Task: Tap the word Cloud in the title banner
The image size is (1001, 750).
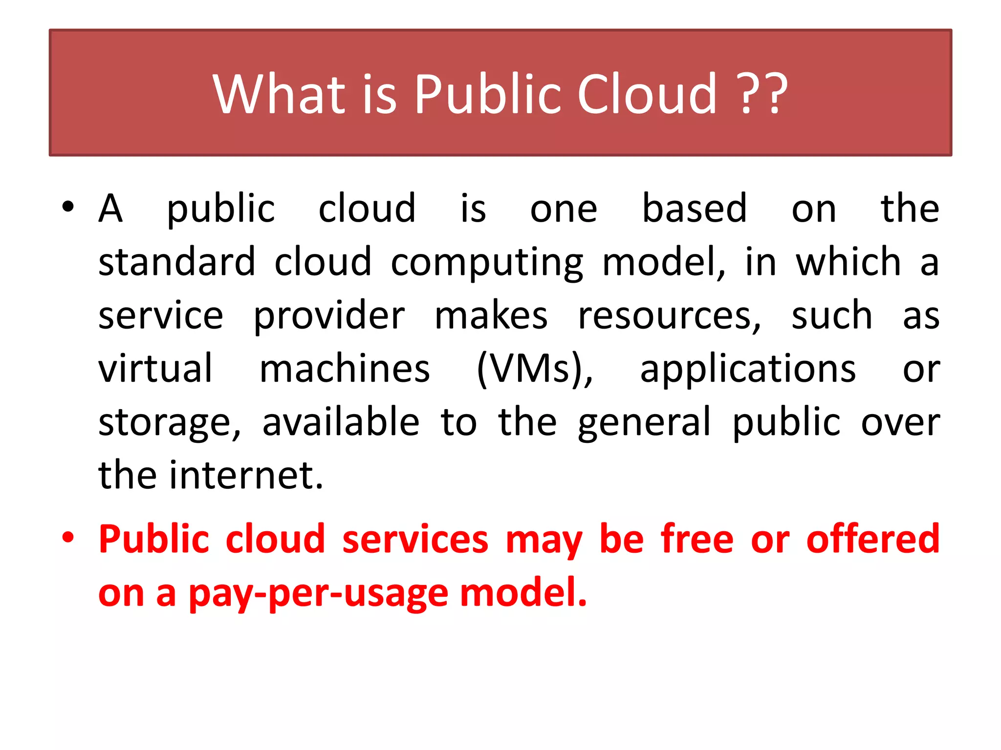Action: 647,94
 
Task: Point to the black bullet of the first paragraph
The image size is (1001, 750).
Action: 68,207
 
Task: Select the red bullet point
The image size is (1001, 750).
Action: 68,538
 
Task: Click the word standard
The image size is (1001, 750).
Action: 177,262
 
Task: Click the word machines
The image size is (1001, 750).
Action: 345,369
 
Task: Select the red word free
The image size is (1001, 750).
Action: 697,539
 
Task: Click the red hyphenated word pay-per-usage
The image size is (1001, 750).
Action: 318,594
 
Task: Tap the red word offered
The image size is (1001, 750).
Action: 872,539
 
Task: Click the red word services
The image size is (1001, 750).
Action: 415,540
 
